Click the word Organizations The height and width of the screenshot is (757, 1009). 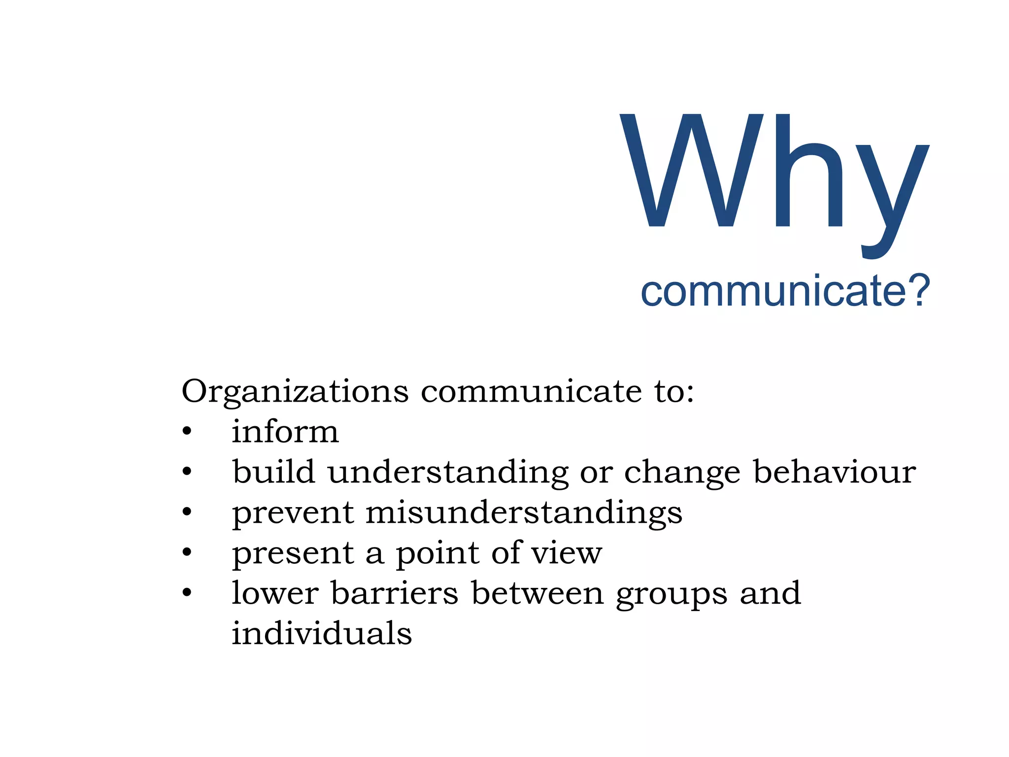tap(295, 392)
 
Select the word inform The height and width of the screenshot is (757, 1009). tap(285, 432)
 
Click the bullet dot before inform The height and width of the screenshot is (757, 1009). tap(187, 432)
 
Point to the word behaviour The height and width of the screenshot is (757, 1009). tap(834, 472)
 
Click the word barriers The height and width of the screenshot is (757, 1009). tap(394, 593)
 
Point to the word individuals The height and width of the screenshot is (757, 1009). tap(322, 633)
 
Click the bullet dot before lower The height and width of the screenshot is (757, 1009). tap(187, 593)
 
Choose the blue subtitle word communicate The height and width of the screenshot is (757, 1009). tap(774, 291)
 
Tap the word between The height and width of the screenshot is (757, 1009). tap(537, 593)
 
